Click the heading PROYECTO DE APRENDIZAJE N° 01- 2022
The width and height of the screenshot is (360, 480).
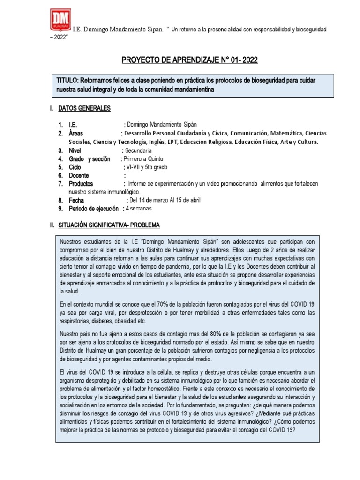point(189,60)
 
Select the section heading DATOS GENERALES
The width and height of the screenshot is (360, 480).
point(84,108)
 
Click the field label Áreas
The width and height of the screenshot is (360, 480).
point(76,133)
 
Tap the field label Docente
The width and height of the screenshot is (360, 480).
point(80,175)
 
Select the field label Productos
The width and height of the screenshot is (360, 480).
point(81,184)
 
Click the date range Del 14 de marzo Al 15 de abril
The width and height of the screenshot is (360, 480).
point(165,200)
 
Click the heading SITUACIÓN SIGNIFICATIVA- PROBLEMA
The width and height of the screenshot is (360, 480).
point(109,225)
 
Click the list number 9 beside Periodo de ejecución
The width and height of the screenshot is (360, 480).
point(60,209)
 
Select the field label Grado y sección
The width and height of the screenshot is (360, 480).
point(90,159)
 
